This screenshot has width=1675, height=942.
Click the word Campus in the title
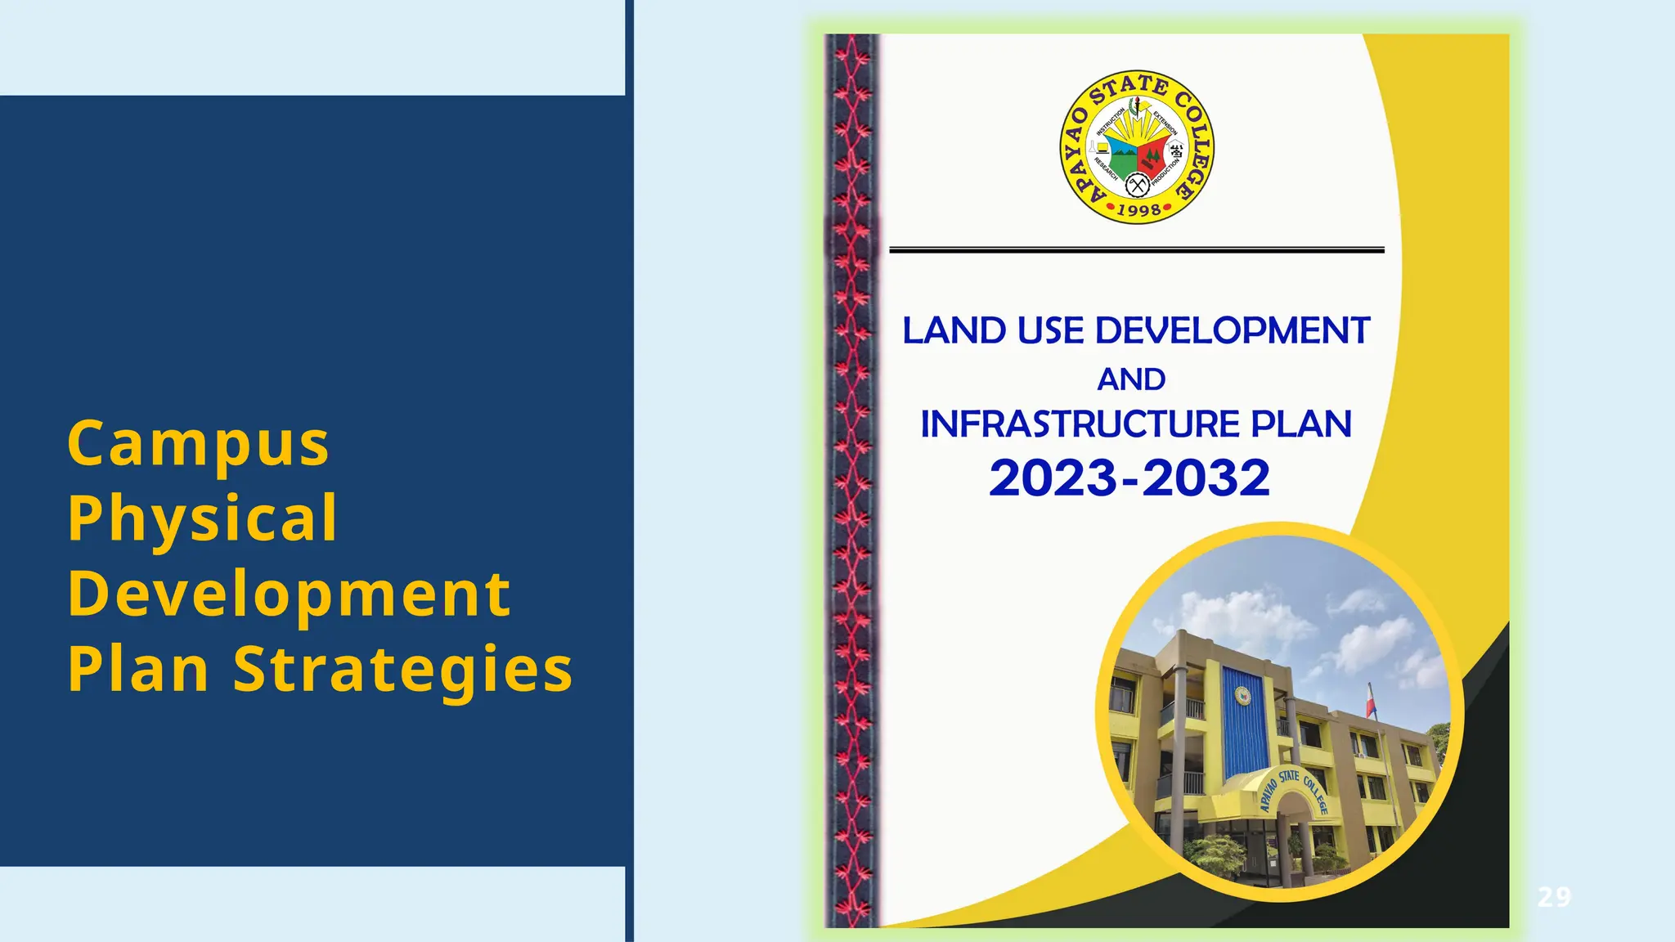tap(198, 444)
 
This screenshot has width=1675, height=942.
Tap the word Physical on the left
tap(202, 518)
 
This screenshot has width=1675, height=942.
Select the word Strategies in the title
tap(403, 670)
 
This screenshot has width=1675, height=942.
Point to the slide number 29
tap(1554, 897)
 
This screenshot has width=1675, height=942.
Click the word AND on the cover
tap(1131, 379)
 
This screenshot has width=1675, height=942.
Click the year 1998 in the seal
tap(1138, 210)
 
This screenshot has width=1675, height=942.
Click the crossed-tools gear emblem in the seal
tap(1137, 186)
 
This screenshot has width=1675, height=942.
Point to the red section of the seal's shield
tap(1152, 153)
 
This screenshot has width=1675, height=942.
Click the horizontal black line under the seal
tap(1136, 250)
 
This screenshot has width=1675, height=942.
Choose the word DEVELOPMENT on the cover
tap(1232, 331)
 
